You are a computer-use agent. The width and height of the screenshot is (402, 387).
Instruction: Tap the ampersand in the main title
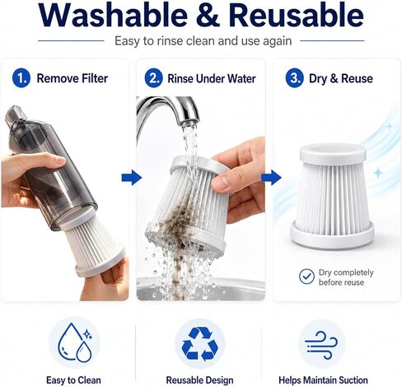click(208, 15)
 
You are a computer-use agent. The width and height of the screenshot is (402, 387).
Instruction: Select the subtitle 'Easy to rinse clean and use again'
click(203, 41)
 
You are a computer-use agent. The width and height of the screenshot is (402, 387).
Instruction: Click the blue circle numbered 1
click(21, 78)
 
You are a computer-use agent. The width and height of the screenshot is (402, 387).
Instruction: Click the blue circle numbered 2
click(154, 78)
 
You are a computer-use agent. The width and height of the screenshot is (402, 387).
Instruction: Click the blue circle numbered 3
click(295, 78)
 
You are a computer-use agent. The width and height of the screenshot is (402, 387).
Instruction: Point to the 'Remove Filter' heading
click(72, 78)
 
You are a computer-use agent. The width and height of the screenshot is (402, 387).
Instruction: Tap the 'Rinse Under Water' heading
click(212, 79)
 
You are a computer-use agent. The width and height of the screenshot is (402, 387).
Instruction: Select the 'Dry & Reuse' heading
click(341, 78)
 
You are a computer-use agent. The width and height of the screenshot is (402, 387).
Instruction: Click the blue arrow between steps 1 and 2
click(132, 177)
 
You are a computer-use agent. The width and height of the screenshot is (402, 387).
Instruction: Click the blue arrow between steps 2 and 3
click(271, 177)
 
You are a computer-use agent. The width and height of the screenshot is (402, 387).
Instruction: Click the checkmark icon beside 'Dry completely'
click(306, 277)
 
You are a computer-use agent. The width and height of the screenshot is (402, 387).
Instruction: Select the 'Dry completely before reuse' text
click(346, 277)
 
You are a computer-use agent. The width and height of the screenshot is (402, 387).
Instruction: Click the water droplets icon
click(75, 343)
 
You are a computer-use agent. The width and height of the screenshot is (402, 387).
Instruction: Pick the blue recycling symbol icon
click(200, 344)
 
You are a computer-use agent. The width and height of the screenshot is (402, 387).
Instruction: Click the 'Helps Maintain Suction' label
click(323, 380)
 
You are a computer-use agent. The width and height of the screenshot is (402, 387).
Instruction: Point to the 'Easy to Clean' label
click(73, 380)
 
